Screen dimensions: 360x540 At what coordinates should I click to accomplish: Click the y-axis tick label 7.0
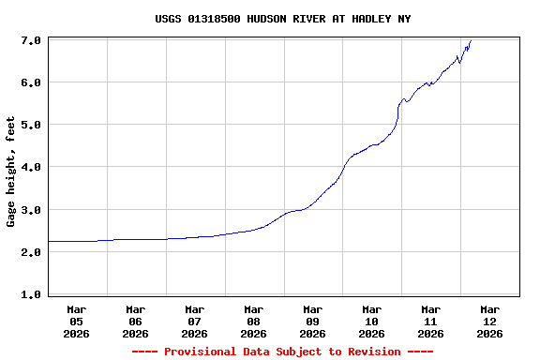[x=30, y=40]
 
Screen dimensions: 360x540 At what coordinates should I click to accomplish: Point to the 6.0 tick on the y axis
[x=30, y=82]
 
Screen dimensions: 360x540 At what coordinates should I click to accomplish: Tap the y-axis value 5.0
[x=30, y=125]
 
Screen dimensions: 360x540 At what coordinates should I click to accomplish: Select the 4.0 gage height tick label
[x=30, y=167]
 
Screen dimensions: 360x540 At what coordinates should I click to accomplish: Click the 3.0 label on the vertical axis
[x=30, y=210]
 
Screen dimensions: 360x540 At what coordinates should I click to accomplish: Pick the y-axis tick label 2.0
[x=30, y=252]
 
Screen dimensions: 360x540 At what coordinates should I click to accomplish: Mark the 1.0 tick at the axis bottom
[x=30, y=294]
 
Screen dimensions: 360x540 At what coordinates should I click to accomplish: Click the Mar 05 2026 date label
[x=77, y=321]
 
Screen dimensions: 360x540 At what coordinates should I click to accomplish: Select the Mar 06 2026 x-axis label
[x=136, y=321]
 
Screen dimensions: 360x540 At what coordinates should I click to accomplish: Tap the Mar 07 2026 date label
[x=195, y=321]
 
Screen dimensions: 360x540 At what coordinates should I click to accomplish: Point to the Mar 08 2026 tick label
[x=254, y=321]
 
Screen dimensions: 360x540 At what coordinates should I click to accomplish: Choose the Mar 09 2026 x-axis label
[x=313, y=321]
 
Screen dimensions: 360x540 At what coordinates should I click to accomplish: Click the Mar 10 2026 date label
[x=372, y=321]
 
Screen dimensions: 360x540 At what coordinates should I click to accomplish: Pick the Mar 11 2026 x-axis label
[x=431, y=321]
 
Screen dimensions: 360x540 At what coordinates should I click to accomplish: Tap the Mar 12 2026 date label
[x=490, y=321]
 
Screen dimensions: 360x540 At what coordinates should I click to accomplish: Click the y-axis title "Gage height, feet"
[x=11, y=172]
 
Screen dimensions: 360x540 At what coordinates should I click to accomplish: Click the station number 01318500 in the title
[x=214, y=19]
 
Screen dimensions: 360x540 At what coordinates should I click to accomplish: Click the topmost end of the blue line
[x=471, y=40]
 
